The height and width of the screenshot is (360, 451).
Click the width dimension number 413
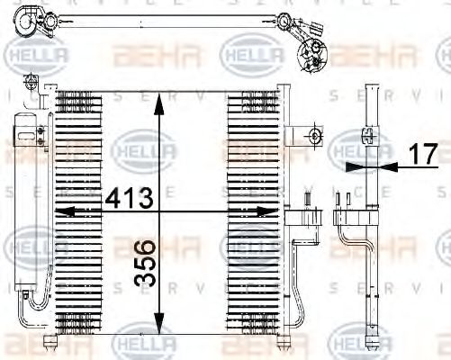(x=129, y=195)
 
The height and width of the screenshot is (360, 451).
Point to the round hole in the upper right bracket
(x=314, y=136)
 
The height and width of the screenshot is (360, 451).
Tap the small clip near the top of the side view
(x=369, y=136)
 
